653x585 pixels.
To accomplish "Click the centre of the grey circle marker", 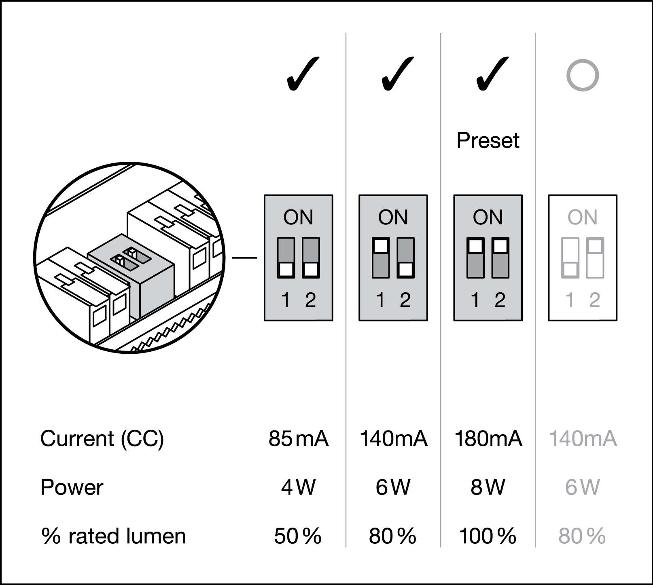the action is pyautogui.click(x=582, y=75).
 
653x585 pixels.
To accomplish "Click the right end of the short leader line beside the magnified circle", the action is pyautogui.click(x=257, y=258).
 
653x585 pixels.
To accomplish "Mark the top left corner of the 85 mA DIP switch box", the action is pyautogui.click(x=264, y=195).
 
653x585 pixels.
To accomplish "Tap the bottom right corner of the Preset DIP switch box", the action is pyautogui.click(x=522, y=321).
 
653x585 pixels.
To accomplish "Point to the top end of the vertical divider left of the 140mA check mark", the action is pyautogui.click(x=346, y=33).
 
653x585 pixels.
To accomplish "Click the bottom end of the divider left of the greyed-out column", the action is pyautogui.click(x=535, y=547).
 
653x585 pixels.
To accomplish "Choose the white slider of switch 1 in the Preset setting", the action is pyautogui.click(x=475, y=246).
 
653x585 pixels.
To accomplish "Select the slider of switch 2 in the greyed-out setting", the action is pyautogui.click(x=595, y=246).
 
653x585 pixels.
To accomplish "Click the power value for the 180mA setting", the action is pyautogui.click(x=488, y=487).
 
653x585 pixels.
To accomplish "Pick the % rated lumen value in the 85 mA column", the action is pyautogui.click(x=298, y=536).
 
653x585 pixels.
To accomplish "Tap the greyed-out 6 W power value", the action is pyautogui.click(x=582, y=487).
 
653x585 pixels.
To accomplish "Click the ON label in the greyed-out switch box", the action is pyautogui.click(x=582, y=218).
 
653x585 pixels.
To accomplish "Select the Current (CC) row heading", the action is pyautogui.click(x=102, y=439).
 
